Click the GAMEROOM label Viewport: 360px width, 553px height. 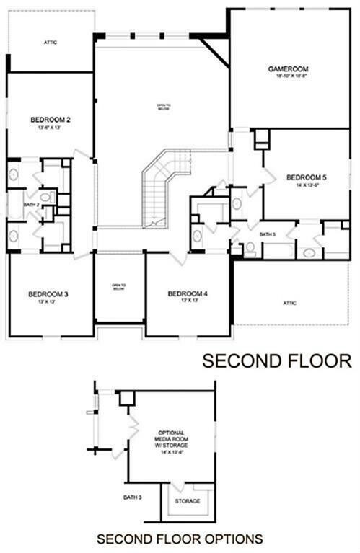284,68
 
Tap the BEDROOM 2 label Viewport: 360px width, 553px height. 50,119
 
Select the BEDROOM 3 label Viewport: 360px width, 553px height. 48,293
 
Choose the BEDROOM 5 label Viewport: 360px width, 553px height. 306,176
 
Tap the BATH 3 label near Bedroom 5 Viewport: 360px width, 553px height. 268,234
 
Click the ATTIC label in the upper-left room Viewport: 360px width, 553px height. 50,42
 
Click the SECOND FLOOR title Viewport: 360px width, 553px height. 276,360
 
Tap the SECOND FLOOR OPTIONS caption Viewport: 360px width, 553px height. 180,538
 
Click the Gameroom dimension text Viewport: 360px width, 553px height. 284,76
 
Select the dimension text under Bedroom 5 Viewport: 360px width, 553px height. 306,185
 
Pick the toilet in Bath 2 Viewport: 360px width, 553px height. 46,197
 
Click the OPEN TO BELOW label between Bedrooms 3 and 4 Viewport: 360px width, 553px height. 119,287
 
